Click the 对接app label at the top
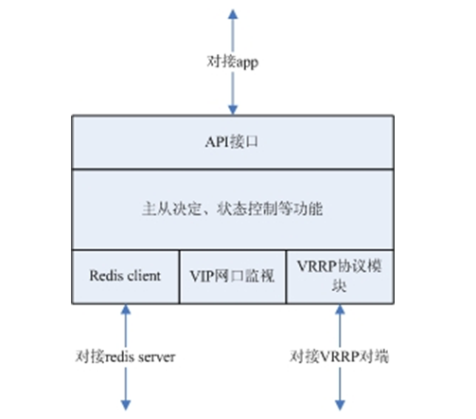point(233,62)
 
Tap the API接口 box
point(233,142)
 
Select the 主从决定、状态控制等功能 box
point(233,209)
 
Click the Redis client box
point(126,277)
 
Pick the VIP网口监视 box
point(233,277)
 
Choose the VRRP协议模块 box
point(340,277)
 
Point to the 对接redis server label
point(125,356)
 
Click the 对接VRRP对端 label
point(340,356)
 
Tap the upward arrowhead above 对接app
point(233,14)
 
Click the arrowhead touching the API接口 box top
point(233,110)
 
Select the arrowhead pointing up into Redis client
point(126,309)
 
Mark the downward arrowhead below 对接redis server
point(126,405)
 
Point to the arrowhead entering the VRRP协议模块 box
point(340,309)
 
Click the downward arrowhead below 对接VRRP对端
point(340,405)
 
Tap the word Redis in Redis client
point(106,276)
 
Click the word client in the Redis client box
point(144,276)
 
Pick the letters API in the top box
point(217,142)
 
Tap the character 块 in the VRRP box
point(339,286)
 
